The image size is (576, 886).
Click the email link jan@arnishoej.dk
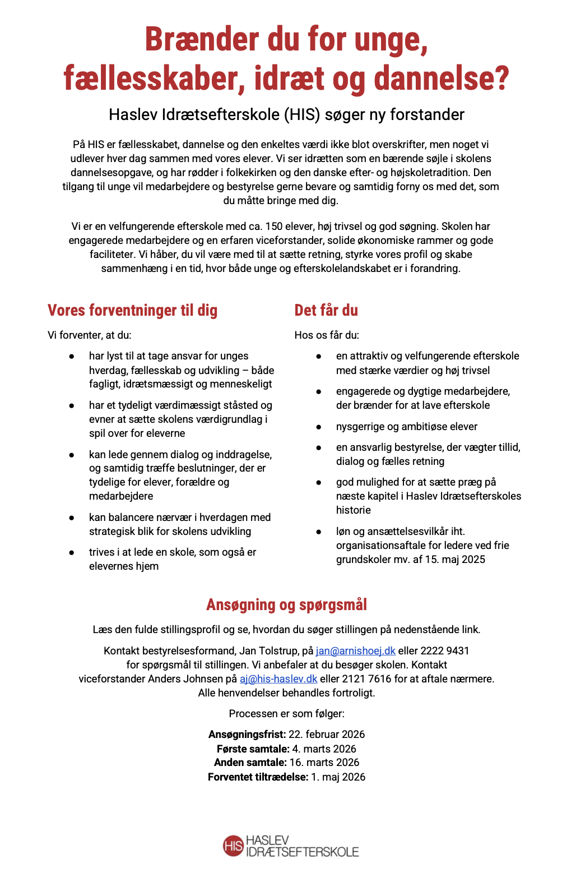pyautogui.click(x=355, y=651)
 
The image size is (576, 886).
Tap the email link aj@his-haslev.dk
pyautogui.click(x=278, y=679)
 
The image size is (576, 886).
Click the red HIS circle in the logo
pyautogui.click(x=233, y=846)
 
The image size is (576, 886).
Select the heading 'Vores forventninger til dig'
pyautogui.click(x=132, y=310)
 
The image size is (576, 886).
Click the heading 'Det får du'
pyautogui.click(x=326, y=310)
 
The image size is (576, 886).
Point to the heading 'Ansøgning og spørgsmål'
pyautogui.click(x=286, y=604)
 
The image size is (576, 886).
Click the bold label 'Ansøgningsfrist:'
pyautogui.click(x=247, y=735)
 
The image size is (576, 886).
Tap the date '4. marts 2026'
pyautogui.click(x=324, y=749)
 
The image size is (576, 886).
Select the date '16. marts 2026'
pyautogui.click(x=324, y=763)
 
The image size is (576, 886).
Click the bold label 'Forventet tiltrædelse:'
pyautogui.click(x=258, y=777)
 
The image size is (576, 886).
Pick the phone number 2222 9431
pyautogui.click(x=445, y=651)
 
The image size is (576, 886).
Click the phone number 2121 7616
pyautogui.click(x=367, y=679)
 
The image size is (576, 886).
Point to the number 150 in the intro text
pyautogui.click(x=274, y=227)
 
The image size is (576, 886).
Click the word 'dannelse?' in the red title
pyautogui.click(x=442, y=78)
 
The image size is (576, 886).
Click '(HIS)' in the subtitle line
pyautogui.click(x=303, y=114)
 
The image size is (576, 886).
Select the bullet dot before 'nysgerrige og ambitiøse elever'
pyautogui.click(x=319, y=427)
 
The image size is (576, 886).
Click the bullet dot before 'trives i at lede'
pyautogui.click(x=72, y=552)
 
